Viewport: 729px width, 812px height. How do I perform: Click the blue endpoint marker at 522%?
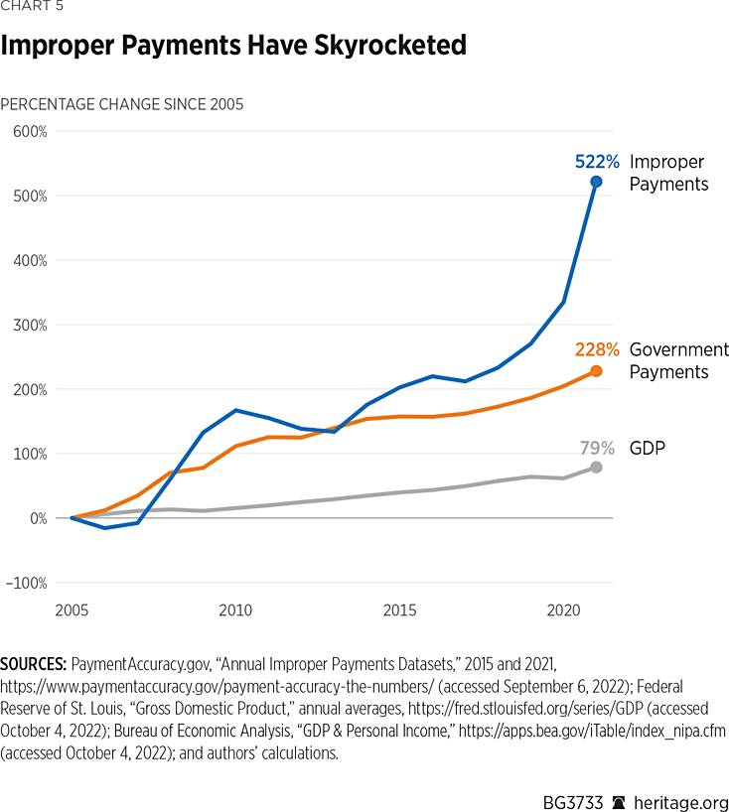(x=596, y=182)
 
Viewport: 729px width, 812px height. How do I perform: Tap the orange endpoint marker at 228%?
(x=596, y=371)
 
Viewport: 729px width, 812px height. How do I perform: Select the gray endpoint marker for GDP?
(x=596, y=467)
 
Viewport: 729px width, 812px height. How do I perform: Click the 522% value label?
(x=597, y=162)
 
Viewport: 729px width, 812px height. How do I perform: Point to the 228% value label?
(x=597, y=349)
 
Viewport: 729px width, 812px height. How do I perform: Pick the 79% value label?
(x=599, y=448)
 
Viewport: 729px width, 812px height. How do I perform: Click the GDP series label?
(x=647, y=448)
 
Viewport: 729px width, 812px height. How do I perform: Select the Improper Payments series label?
(x=668, y=173)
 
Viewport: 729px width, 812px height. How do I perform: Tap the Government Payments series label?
(x=678, y=360)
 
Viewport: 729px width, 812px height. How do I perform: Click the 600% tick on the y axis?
(x=29, y=132)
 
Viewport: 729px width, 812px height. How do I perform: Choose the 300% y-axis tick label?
(x=29, y=326)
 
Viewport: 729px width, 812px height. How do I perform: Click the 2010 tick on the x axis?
(x=235, y=609)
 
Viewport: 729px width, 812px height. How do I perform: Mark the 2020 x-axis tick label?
(x=563, y=609)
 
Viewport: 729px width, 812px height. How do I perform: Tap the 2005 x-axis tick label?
(x=73, y=609)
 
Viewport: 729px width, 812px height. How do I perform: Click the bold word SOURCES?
(x=33, y=662)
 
